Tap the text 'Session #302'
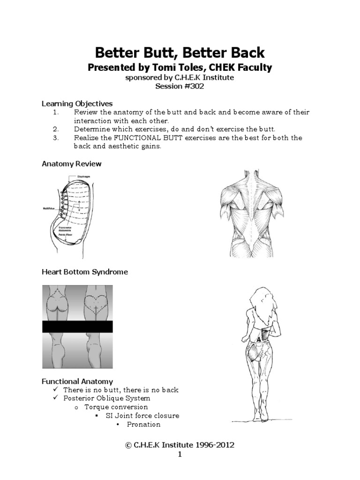pos(180,86)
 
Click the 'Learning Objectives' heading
pos(77,103)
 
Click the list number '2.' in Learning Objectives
pos(55,129)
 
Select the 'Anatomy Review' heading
pos(71,164)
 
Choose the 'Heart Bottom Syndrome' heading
pos(85,272)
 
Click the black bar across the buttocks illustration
pos(77,327)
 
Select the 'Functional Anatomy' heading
pos(77,382)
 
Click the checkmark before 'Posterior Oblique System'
pos(56,398)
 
